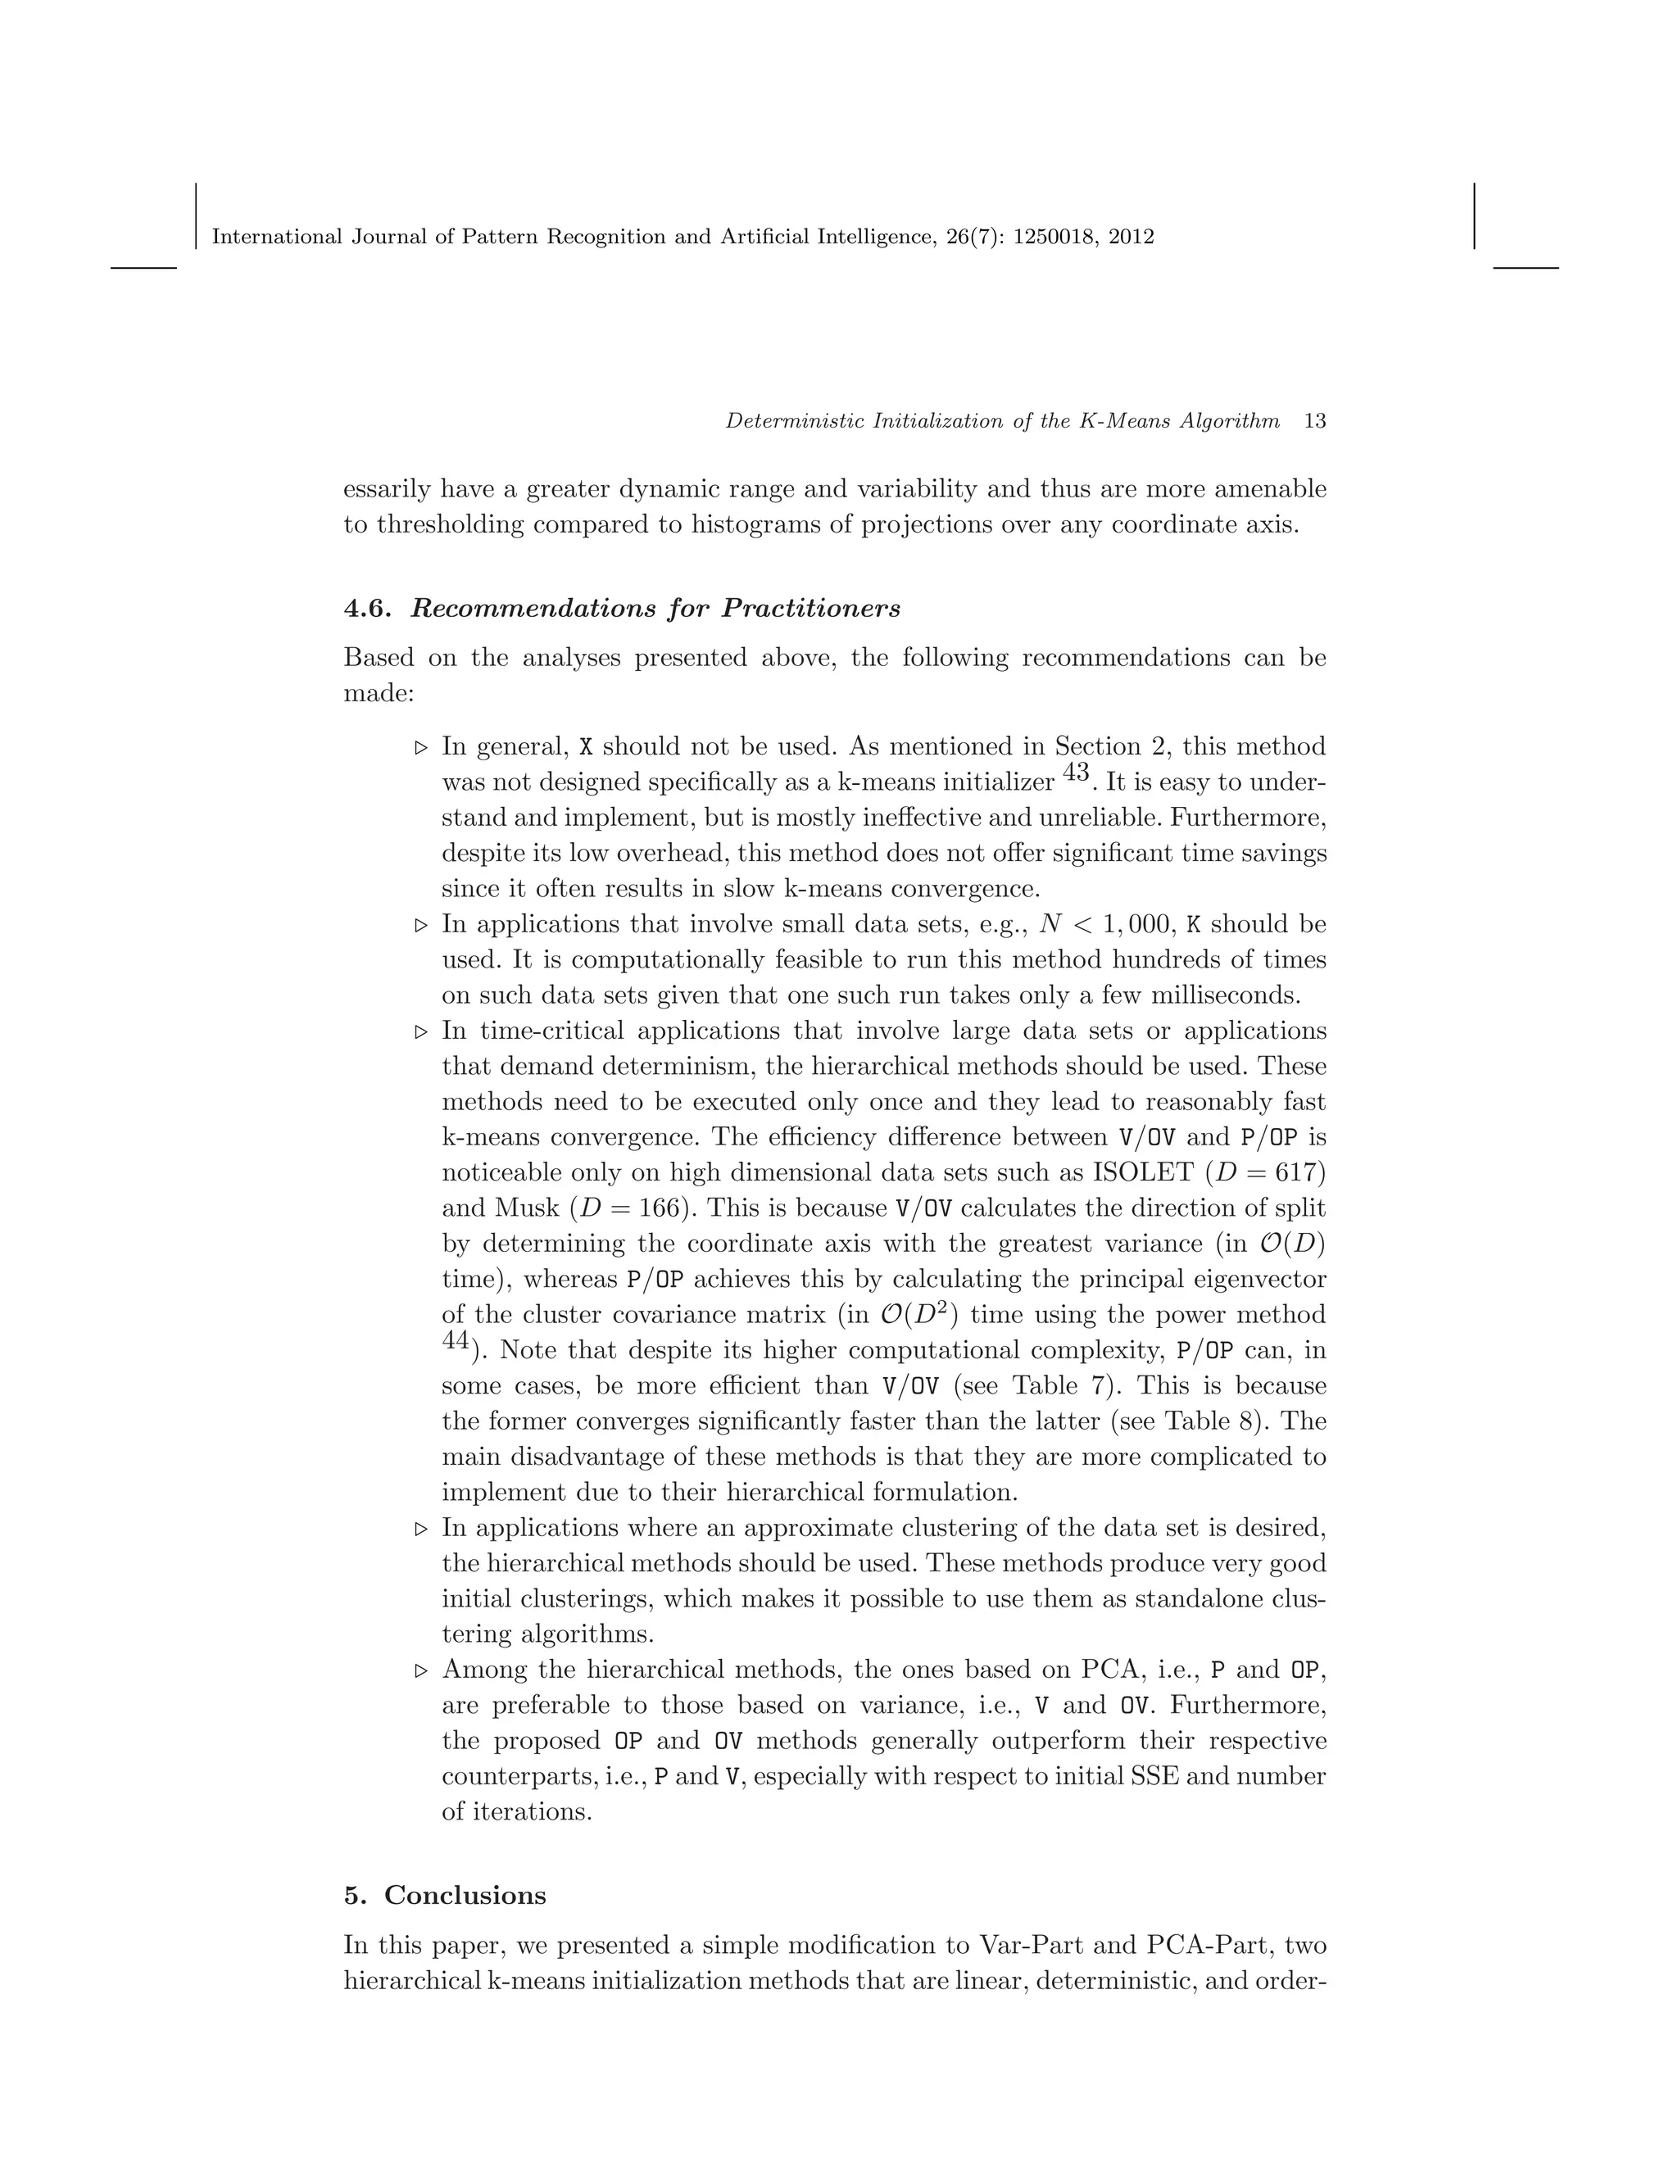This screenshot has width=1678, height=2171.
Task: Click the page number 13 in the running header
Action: coord(1314,420)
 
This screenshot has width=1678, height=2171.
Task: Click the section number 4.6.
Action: coord(369,609)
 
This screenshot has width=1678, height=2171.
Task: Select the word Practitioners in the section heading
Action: coord(811,609)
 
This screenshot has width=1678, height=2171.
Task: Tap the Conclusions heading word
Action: coord(465,1895)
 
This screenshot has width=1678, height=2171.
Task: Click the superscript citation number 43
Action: coord(1076,773)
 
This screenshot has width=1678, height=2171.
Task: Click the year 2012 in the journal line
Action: coord(1132,237)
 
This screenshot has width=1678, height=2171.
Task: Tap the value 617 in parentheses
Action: coord(1301,1173)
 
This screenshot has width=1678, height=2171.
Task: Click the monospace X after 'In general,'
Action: coord(587,747)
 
